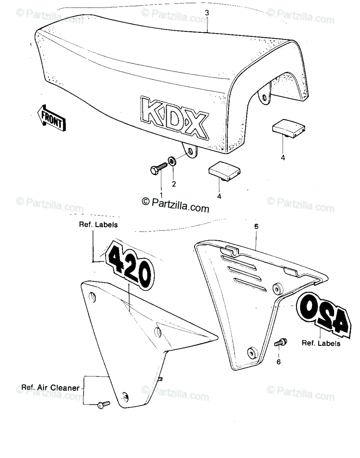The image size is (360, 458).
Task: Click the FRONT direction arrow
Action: click(x=51, y=118)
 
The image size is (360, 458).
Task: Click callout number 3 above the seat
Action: click(x=207, y=13)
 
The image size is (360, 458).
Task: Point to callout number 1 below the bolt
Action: click(x=161, y=195)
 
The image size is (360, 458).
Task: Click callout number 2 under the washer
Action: click(x=174, y=184)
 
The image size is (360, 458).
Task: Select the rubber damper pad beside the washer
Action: click(x=224, y=171)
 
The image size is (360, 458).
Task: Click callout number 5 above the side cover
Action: click(x=256, y=227)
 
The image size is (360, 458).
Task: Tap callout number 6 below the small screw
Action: click(x=278, y=362)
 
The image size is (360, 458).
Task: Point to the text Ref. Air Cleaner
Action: click(x=50, y=388)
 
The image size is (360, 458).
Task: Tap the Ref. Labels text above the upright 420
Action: click(x=98, y=224)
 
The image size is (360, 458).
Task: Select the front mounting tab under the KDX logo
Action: click(x=190, y=150)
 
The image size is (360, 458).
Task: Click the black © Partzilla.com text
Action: click(x=176, y=205)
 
